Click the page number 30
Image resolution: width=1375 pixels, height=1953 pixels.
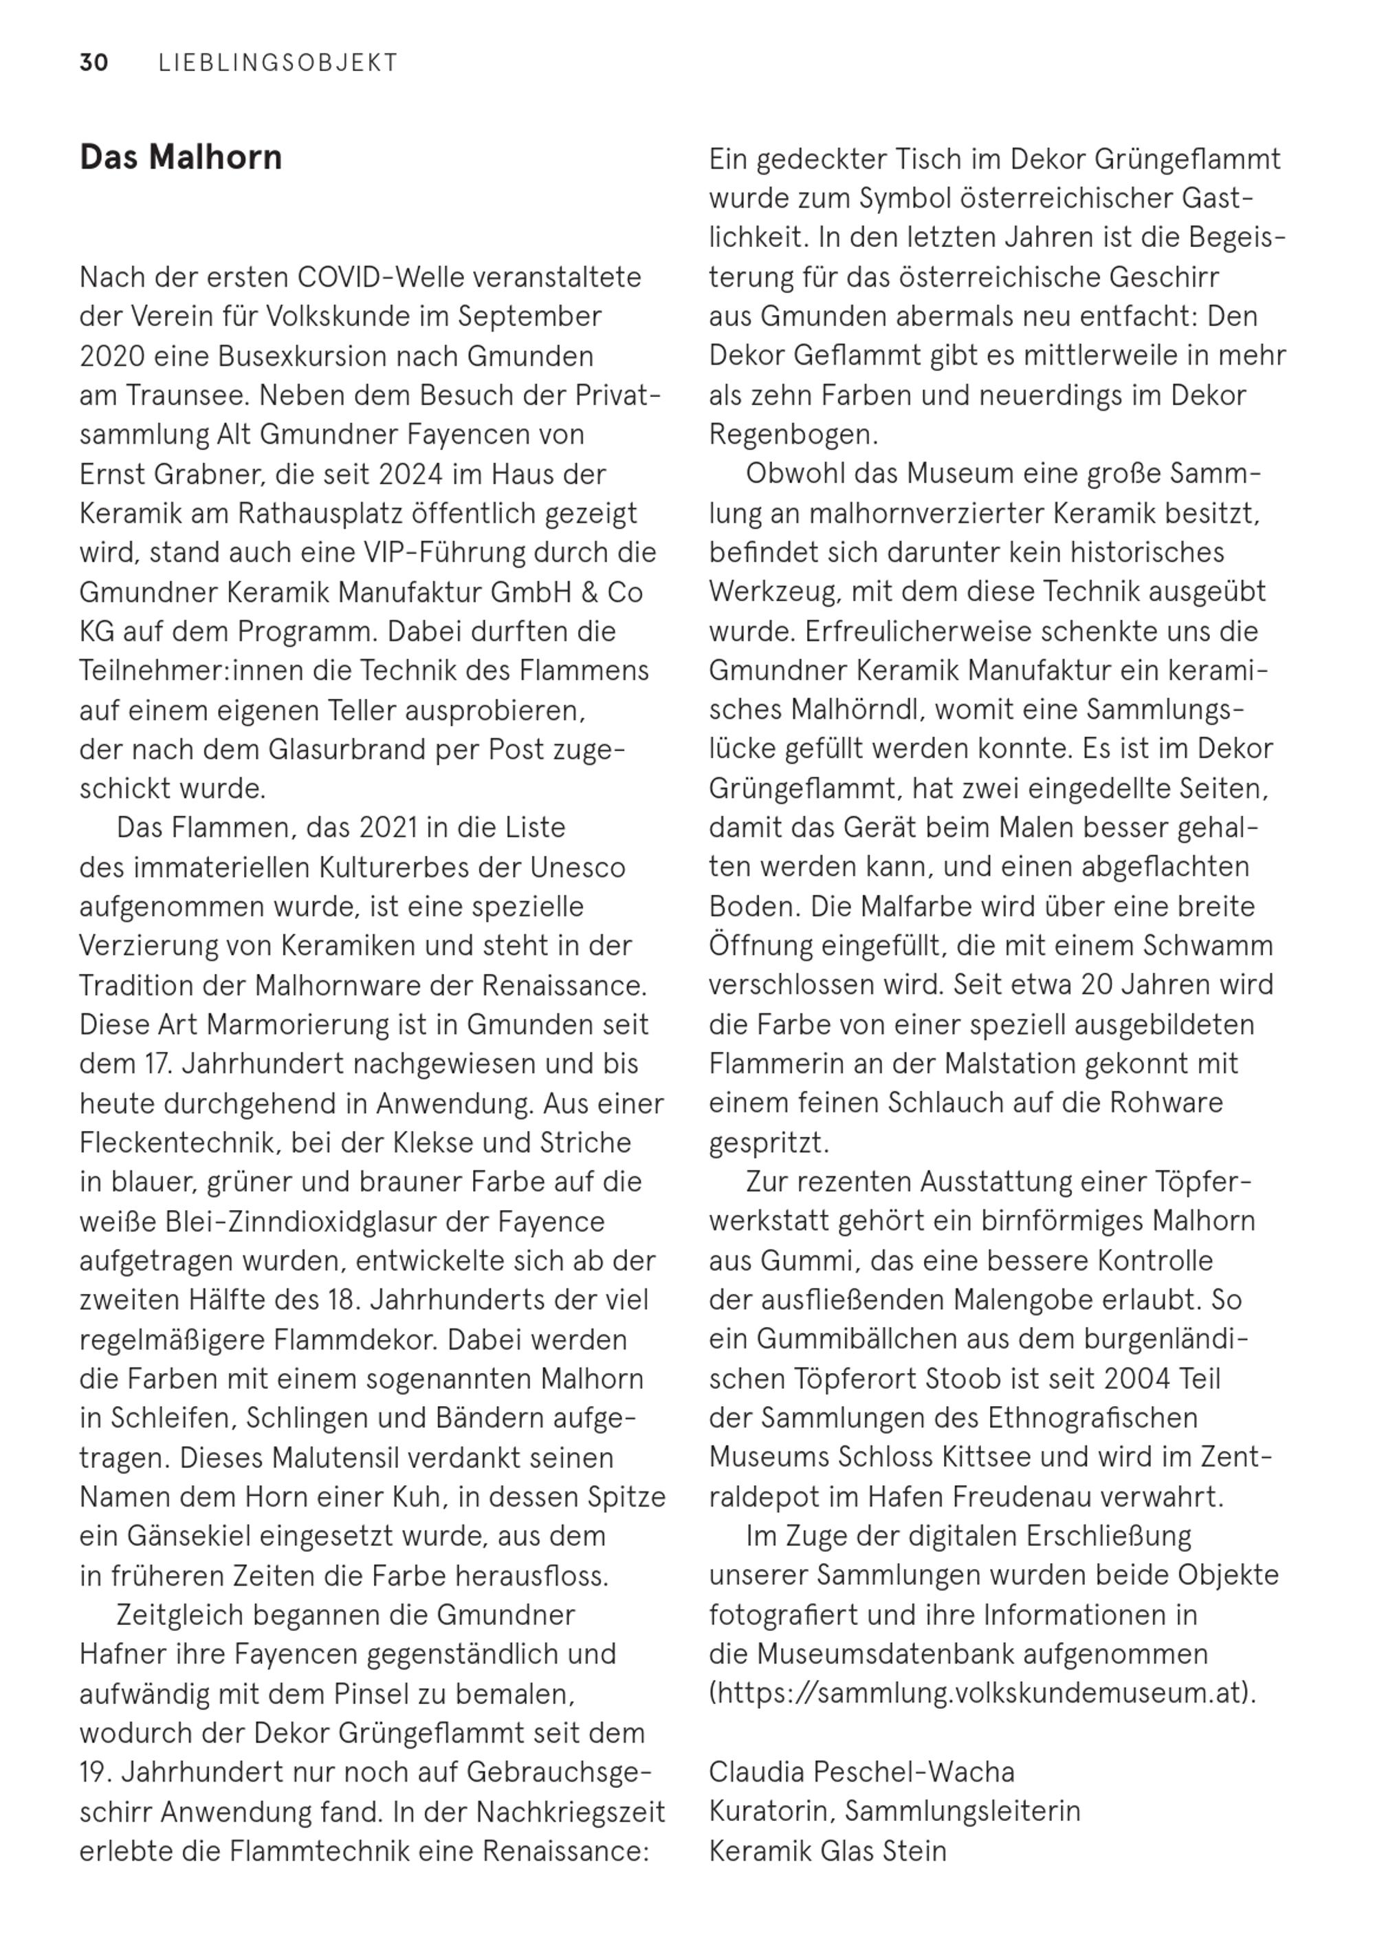coord(93,63)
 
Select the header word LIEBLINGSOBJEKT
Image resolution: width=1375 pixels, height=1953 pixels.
coord(278,63)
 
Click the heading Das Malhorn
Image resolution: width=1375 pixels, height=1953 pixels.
coord(180,158)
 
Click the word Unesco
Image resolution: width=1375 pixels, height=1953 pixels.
coord(577,867)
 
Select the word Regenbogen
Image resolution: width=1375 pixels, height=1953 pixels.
coord(793,435)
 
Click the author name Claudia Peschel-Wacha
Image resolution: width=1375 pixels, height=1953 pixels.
coord(861,1772)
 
